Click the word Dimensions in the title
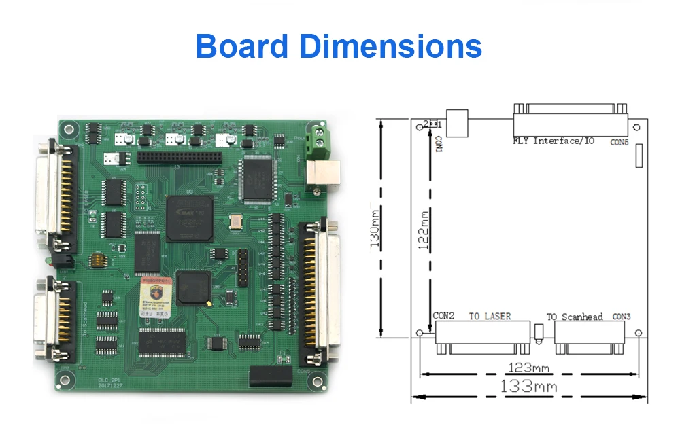click(391, 46)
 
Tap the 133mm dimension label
click(528, 387)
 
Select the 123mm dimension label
click(529, 368)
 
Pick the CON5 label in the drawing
click(619, 142)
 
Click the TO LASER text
click(490, 317)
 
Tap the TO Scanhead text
click(575, 317)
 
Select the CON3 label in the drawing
click(622, 317)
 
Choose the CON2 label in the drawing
click(444, 317)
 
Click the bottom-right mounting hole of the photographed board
click(315, 382)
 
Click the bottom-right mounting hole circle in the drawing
click(639, 333)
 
